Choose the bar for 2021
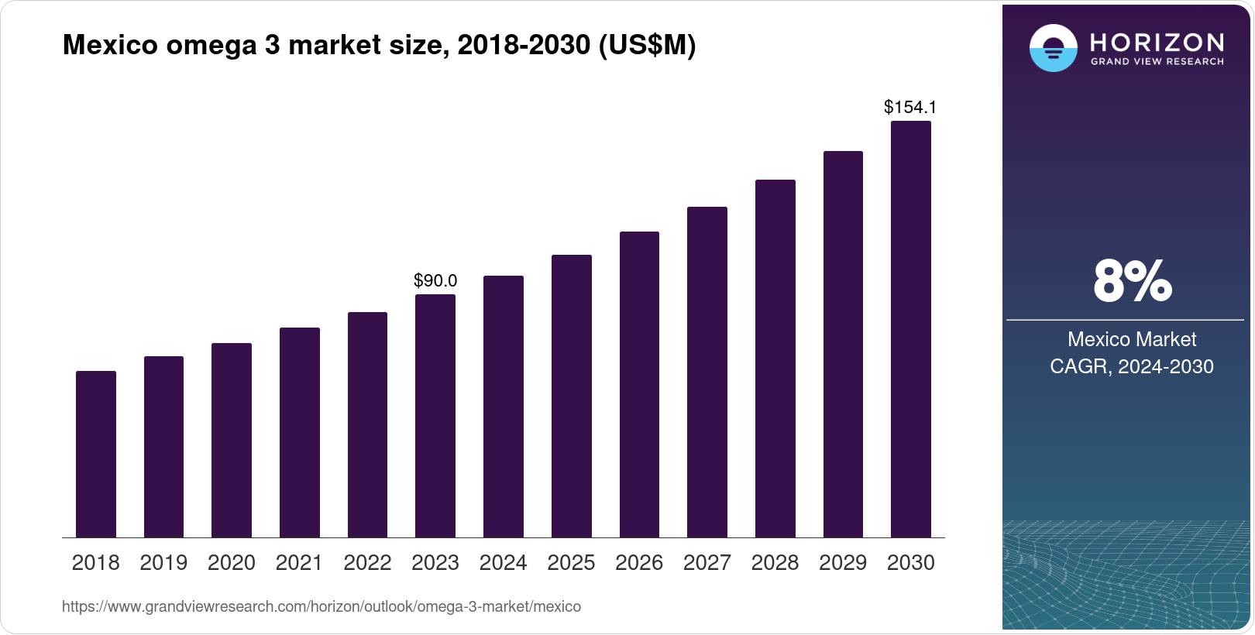300,433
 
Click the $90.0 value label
435,280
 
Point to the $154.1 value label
910,107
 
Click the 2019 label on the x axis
163,563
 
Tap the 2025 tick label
571,563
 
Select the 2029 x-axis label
843,563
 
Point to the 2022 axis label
367,563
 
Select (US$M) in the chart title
647,45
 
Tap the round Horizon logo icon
1053,48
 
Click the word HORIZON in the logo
1157,42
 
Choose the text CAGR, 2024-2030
1131,366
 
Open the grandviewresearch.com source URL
321,607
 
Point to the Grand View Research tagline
1157,62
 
